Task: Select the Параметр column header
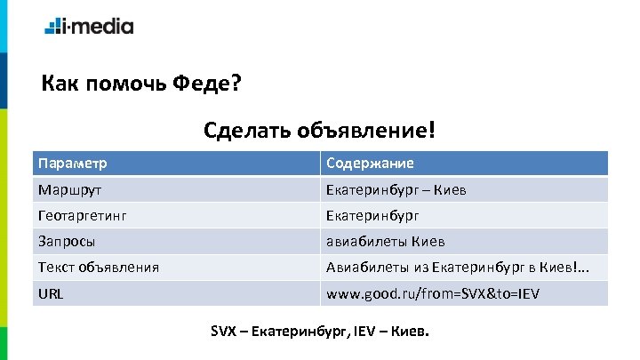[73, 164]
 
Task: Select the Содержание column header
[370, 164]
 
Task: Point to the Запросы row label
[68, 241]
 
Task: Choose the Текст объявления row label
[99, 267]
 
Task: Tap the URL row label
[51, 292]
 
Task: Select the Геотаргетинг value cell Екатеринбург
[372, 214]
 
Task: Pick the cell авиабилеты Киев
[386, 241]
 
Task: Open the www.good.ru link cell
[434, 292]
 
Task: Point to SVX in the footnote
[223, 332]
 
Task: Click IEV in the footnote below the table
[363, 332]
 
